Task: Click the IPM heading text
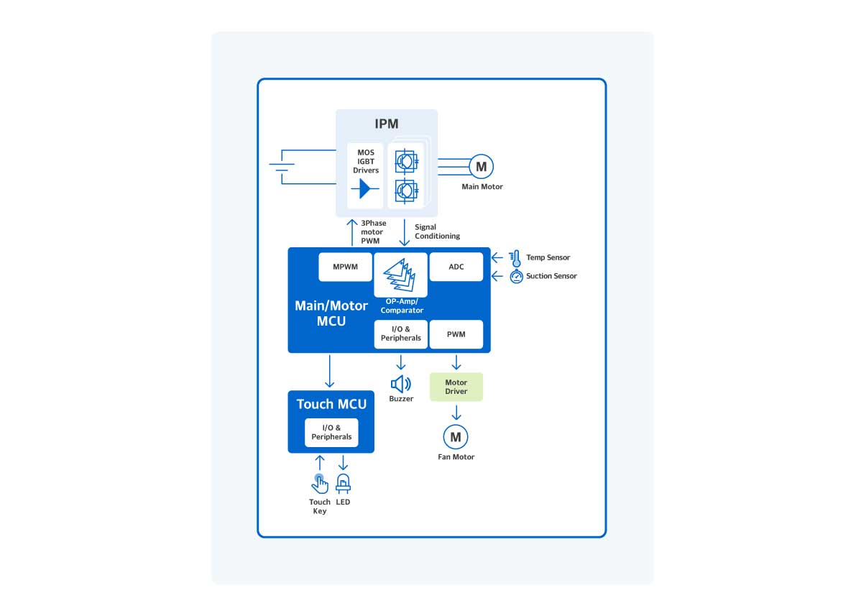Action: point(387,124)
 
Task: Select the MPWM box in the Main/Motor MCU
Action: point(345,267)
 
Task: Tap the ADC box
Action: point(456,267)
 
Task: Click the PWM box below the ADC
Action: point(456,334)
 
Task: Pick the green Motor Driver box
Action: point(456,387)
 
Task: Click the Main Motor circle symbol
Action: point(481,167)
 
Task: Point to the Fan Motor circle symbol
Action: point(456,436)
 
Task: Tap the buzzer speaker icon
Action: point(400,384)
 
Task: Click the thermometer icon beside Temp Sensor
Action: point(515,258)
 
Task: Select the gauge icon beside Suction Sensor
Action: point(516,277)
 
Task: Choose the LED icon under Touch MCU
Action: point(343,483)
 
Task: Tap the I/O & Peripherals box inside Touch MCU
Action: point(331,433)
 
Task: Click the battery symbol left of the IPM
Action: point(281,167)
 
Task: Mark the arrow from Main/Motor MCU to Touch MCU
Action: point(330,371)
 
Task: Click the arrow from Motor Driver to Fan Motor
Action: point(456,413)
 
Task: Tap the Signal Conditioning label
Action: point(437,231)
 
